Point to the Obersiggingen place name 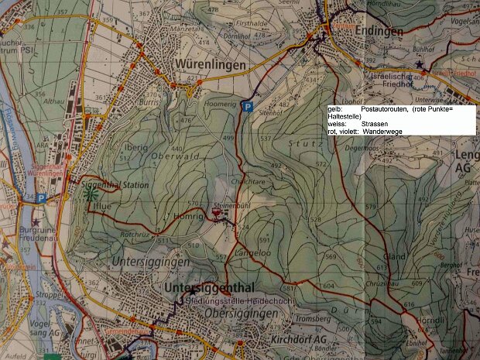pos(242,314)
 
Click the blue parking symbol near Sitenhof pos(247,108)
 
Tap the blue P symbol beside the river pos(39,197)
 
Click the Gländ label pos(395,257)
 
